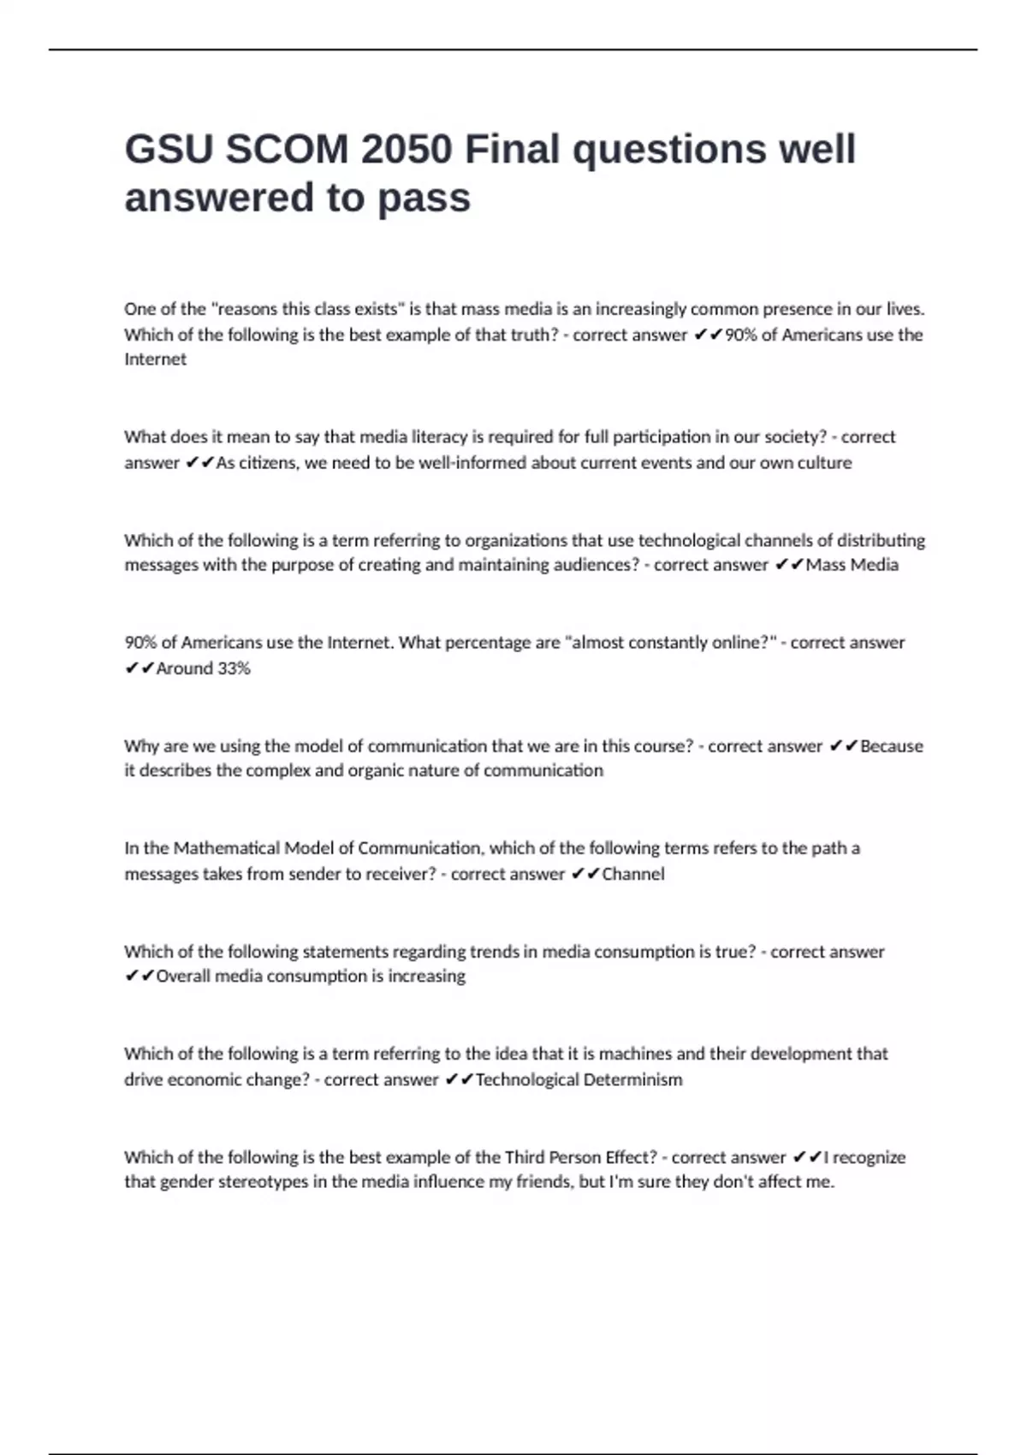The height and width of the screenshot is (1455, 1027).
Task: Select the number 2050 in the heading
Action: (407, 149)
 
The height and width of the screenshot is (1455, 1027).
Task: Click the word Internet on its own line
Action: (155, 359)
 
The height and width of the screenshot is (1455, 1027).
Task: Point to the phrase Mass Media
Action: (852, 565)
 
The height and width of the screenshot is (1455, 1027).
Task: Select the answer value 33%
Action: (234, 668)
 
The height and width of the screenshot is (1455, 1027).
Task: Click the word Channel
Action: (633, 874)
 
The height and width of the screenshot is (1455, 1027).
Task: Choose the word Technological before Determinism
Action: (526, 1079)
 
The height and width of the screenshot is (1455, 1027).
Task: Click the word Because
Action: (892, 745)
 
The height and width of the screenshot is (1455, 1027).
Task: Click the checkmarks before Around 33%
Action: (139, 668)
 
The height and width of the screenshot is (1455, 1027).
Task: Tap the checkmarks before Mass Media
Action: (788, 565)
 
